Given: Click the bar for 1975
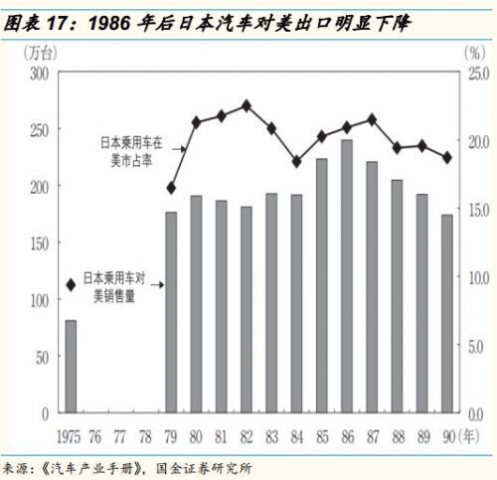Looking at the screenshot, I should pos(71,366).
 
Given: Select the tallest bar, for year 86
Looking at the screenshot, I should pos(346,276).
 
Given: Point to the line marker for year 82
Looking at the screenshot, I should pos(246,105).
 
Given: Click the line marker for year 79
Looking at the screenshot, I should pos(171,188).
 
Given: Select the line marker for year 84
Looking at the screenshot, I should pos(296,161).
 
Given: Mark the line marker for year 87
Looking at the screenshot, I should pos(372,119).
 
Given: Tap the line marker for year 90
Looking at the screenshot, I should pos(446,157).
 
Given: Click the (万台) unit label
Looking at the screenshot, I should pos(40,53).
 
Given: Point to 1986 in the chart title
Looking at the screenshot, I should pos(110,20).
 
